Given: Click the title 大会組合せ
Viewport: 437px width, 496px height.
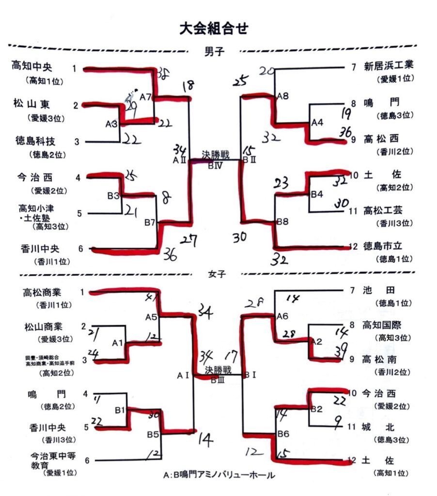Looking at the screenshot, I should pos(214,29).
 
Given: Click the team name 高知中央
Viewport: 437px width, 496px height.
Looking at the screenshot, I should pos(33,66).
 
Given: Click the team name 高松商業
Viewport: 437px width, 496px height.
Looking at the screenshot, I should pos(45,292).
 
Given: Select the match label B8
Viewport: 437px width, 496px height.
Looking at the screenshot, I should pos(283,221).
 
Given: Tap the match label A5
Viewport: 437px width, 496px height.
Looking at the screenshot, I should pos(151,317).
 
